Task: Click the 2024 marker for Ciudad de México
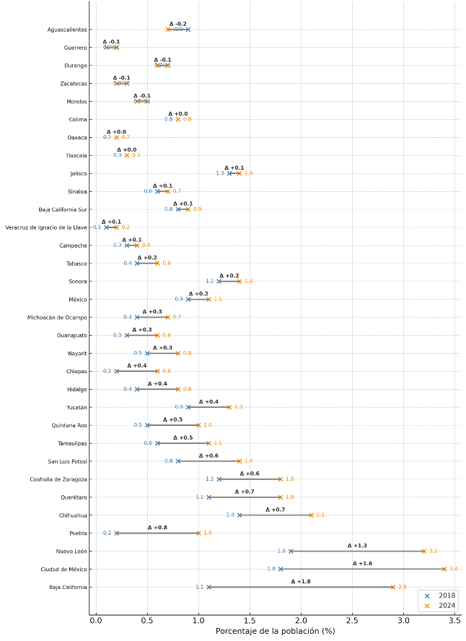[444, 569]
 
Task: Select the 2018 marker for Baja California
[209, 587]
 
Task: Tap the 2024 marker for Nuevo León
[424, 551]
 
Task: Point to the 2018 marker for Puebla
[117, 533]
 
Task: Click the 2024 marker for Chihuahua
[312, 515]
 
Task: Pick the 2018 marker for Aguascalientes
[188, 30]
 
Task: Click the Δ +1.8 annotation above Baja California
[301, 581]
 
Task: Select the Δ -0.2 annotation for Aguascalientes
[177, 24]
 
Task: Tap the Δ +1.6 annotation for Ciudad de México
[362, 563]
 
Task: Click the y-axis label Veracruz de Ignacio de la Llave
[46, 227]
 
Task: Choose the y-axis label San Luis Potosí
[68, 461]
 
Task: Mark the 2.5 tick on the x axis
[352, 620]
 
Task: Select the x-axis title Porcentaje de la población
[275, 632]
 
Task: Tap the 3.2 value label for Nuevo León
[433, 551]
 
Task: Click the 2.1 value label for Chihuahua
[320, 515]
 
